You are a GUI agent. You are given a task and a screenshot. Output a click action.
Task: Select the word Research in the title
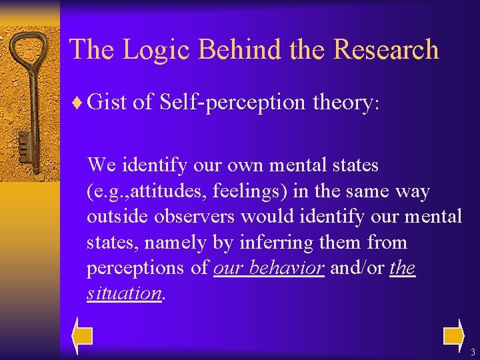coord(386,49)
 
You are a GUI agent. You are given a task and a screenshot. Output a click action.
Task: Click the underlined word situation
coord(124,293)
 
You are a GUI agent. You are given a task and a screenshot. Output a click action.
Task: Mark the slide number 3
coord(472,352)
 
